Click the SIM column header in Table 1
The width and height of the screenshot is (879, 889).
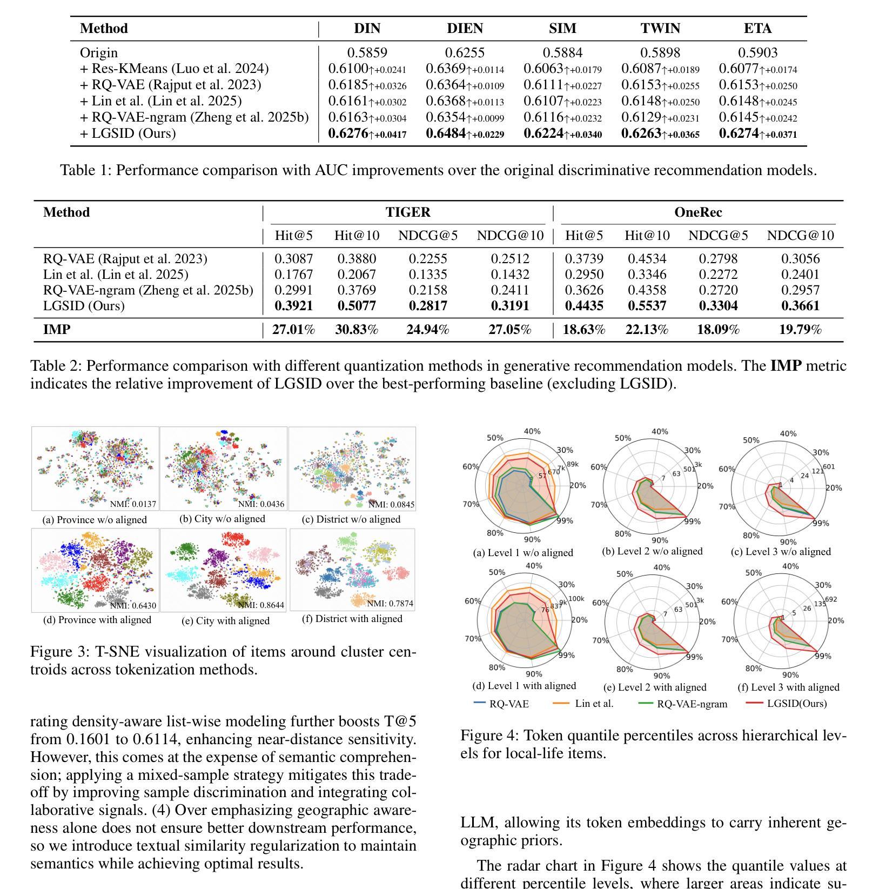click(562, 29)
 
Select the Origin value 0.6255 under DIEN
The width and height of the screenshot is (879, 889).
click(465, 53)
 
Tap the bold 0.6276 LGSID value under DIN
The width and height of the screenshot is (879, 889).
click(348, 133)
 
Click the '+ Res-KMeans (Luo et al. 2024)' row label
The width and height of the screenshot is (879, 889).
click(174, 69)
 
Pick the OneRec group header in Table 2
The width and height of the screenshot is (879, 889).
click(697, 212)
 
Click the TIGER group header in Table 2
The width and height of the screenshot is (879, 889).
click(408, 212)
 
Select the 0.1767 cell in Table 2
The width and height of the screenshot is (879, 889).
click(293, 275)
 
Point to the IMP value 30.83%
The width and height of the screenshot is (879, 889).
click(357, 330)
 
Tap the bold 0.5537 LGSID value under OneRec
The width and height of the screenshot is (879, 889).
click(647, 306)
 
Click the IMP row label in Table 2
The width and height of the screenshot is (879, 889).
click(57, 330)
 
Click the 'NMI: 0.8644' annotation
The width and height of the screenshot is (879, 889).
click(261, 605)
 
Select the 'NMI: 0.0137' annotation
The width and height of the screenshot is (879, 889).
click(133, 504)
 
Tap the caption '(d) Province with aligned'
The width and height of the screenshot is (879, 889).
click(97, 620)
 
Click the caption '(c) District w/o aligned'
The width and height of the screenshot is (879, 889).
click(351, 519)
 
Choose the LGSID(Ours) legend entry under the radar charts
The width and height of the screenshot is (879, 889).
click(796, 703)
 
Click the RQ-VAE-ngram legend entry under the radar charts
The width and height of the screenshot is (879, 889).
click(692, 704)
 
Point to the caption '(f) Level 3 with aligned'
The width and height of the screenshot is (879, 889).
click(788, 687)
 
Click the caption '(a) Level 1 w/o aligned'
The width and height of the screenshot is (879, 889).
click(522, 553)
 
